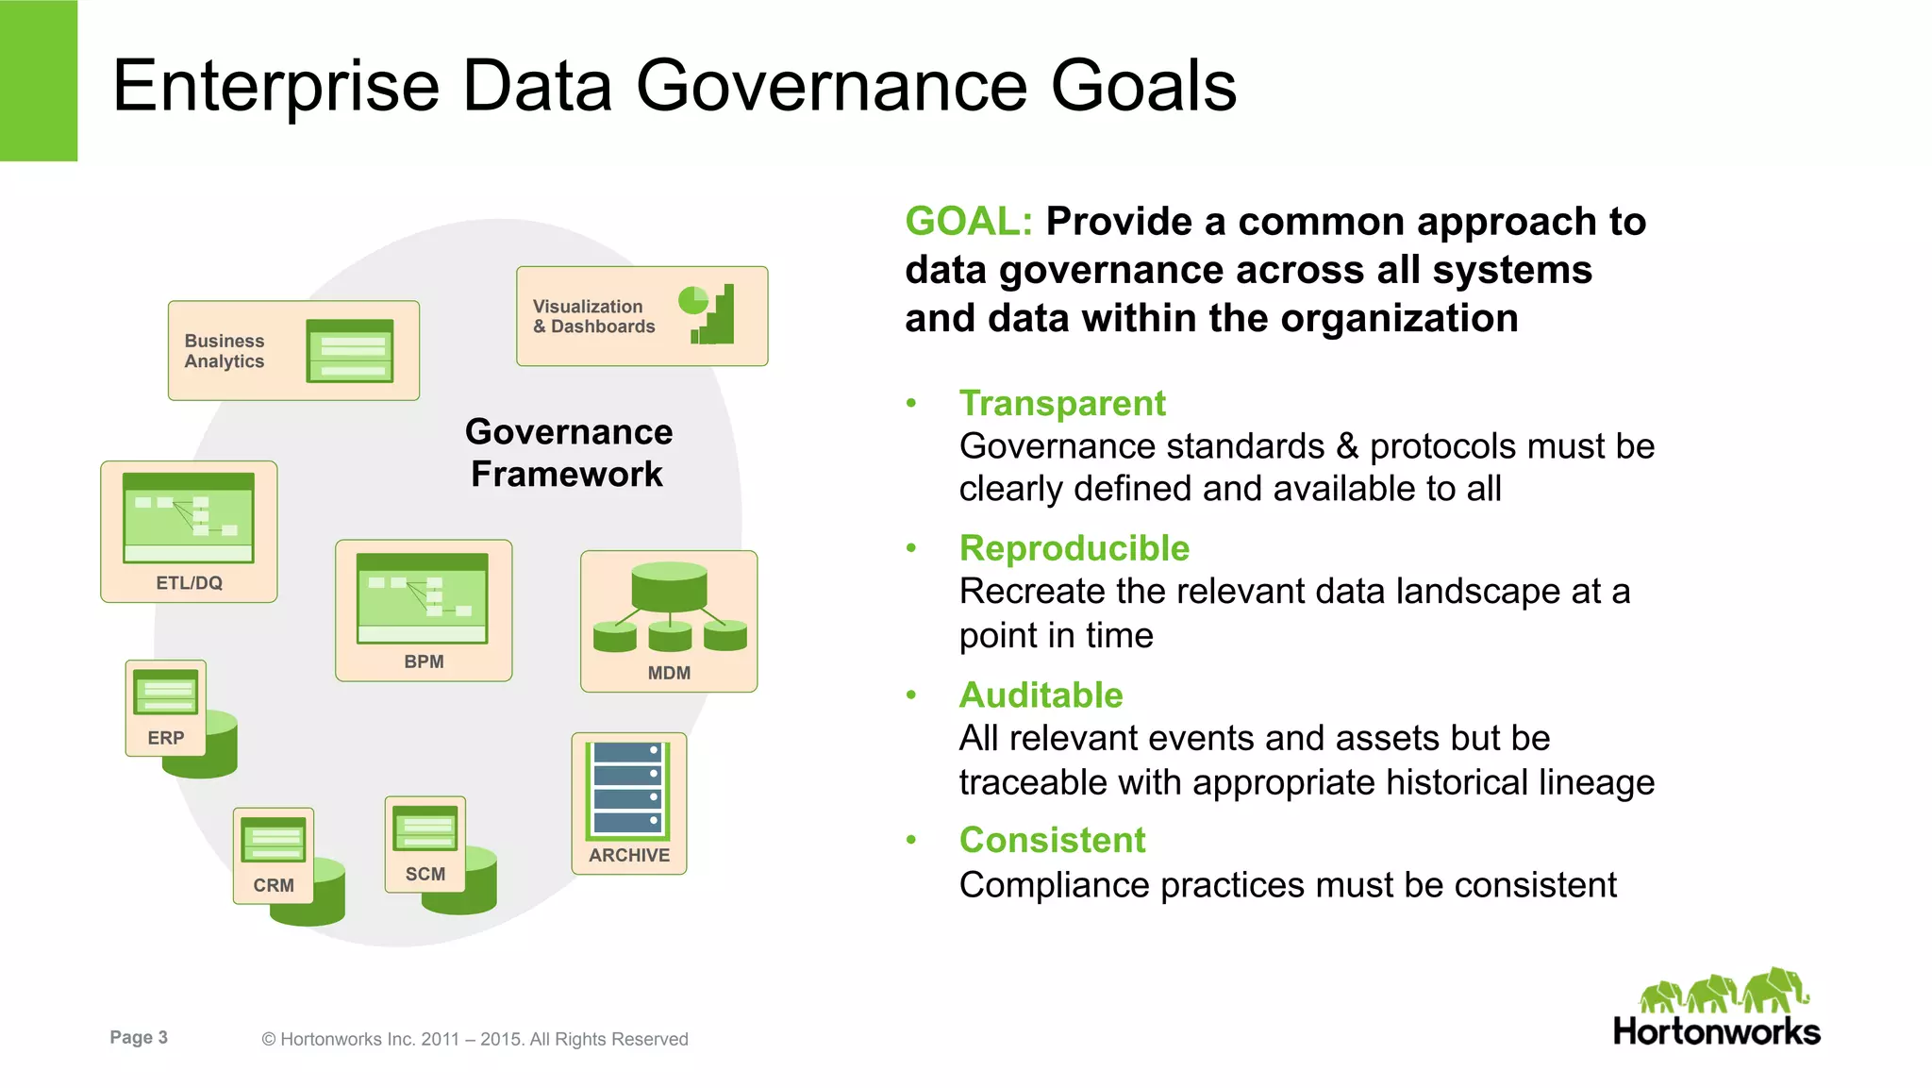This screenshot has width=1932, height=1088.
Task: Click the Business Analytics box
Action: click(x=293, y=351)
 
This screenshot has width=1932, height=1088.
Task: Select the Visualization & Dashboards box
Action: click(x=641, y=316)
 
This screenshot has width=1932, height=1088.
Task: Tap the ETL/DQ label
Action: click(x=189, y=583)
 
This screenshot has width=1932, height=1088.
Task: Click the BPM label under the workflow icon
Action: click(x=424, y=661)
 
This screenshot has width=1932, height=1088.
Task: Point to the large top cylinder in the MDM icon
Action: click(x=669, y=586)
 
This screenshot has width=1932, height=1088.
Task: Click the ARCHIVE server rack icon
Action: click(x=628, y=790)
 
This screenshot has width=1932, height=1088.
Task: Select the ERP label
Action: click(x=166, y=738)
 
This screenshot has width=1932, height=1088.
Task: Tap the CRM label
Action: click(x=274, y=885)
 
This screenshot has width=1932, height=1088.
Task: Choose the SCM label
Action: click(x=425, y=874)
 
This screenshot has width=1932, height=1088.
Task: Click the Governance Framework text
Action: click(x=568, y=453)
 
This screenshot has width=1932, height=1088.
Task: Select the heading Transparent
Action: click(x=1062, y=403)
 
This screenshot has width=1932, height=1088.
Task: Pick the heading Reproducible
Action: click(x=1074, y=548)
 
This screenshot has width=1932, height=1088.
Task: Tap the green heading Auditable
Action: click(x=1041, y=695)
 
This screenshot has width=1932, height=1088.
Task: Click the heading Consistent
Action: click(x=1052, y=840)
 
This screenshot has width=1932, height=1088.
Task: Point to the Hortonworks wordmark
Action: click(x=1716, y=1031)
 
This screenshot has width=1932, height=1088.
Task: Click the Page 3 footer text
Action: click(x=139, y=1037)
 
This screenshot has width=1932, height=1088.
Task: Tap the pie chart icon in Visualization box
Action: click(x=692, y=300)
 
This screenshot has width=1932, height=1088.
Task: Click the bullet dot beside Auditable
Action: click(x=911, y=695)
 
